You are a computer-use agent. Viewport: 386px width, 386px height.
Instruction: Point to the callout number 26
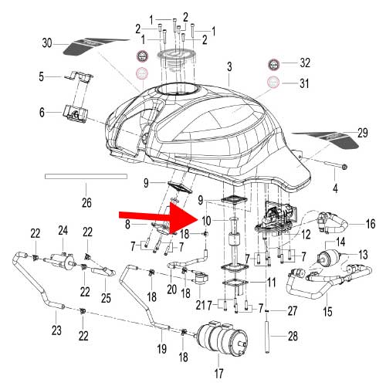click(86, 203)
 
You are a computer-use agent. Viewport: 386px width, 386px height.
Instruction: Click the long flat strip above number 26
click(84, 177)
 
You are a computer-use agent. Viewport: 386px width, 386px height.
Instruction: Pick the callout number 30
click(46, 44)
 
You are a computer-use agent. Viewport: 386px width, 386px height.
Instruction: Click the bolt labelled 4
click(332, 166)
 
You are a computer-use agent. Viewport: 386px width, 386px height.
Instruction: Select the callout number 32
click(304, 62)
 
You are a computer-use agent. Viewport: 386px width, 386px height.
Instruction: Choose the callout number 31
click(304, 83)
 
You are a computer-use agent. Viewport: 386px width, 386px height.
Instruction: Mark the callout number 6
click(43, 112)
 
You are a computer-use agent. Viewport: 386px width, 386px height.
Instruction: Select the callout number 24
click(63, 229)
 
